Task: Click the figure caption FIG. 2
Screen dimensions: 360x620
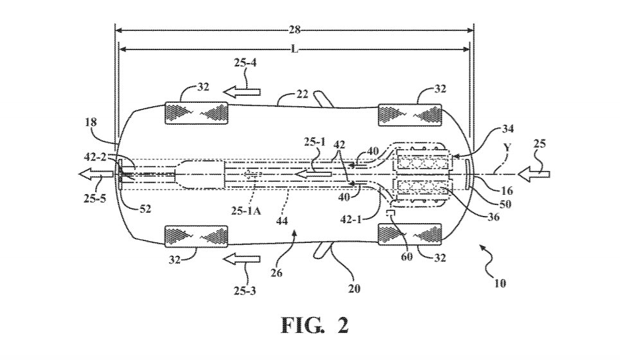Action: pos(315,325)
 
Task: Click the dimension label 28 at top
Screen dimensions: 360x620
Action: pos(295,30)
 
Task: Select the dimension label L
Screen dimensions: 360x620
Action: pos(295,49)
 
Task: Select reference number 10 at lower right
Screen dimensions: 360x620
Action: pos(499,282)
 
